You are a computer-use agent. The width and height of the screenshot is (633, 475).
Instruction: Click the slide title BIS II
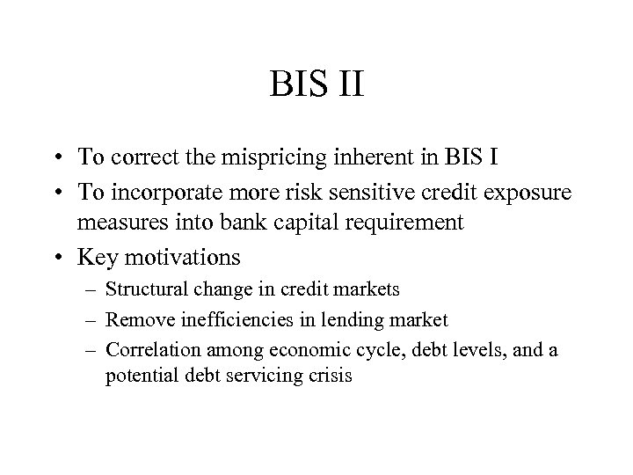pos(316,86)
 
